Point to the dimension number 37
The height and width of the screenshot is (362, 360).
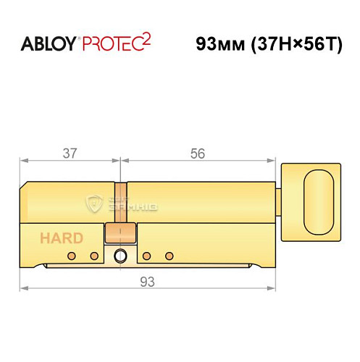click(70, 153)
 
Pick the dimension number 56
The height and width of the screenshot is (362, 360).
click(198, 153)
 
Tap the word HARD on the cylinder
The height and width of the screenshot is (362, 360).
click(61, 237)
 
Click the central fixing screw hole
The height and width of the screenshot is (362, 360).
click(120, 255)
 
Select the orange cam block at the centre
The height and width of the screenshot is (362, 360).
click(120, 233)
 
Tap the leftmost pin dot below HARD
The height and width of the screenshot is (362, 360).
click(71, 256)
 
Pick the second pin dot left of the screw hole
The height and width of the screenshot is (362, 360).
click(93, 256)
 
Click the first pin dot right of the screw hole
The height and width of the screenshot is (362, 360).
click(146, 256)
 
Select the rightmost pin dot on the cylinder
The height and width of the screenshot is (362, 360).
click(169, 256)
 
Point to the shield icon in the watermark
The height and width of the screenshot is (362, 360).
click(94, 203)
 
